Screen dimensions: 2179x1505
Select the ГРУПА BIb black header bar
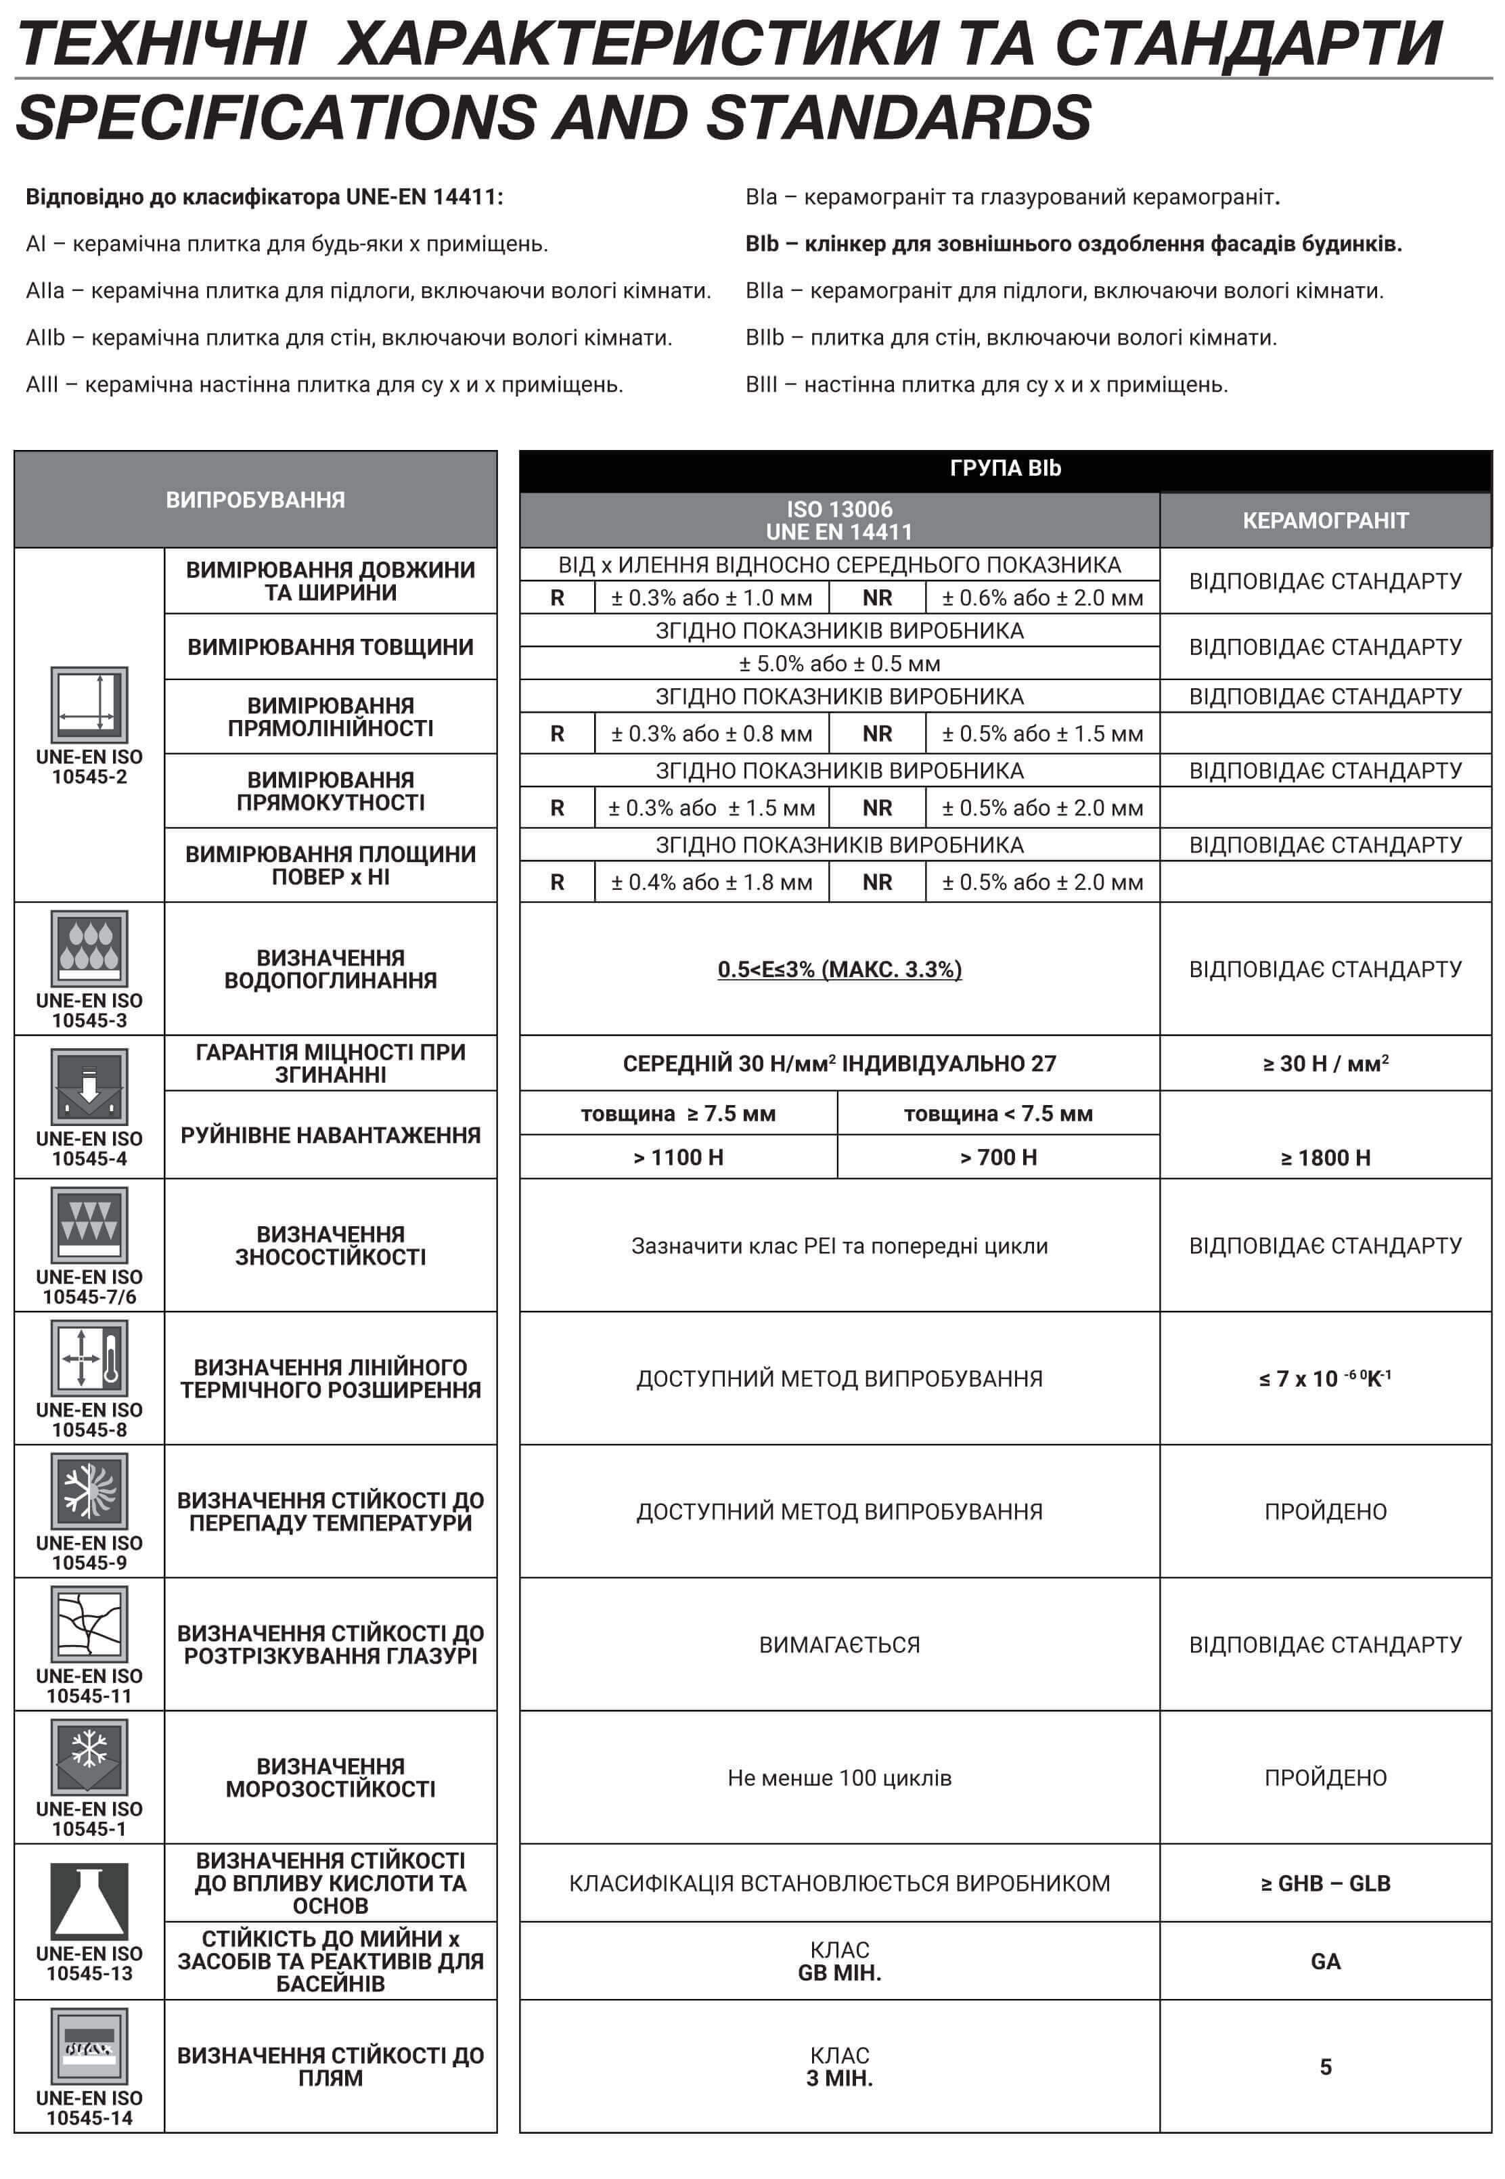click(x=1004, y=468)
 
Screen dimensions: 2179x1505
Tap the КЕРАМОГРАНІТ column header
click(x=1325, y=520)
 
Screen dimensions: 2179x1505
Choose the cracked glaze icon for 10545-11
click(x=89, y=1623)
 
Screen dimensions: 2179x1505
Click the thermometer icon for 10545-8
click(x=89, y=1357)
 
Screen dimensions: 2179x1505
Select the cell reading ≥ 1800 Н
click(x=1325, y=1158)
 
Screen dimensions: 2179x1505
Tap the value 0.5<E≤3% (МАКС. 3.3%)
click(x=839, y=969)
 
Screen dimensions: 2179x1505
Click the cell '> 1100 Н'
click(x=678, y=1158)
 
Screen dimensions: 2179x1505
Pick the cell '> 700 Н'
click(x=997, y=1158)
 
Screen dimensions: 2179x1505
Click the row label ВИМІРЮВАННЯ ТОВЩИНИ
click(x=330, y=647)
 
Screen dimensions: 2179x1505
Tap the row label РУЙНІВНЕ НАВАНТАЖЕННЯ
click(x=330, y=1136)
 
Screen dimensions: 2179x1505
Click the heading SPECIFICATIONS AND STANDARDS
click(x=554, y=118)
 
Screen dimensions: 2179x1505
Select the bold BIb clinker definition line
click(x=1073, y=244)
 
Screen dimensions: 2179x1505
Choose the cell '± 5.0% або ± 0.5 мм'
click(x=839, y=664)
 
